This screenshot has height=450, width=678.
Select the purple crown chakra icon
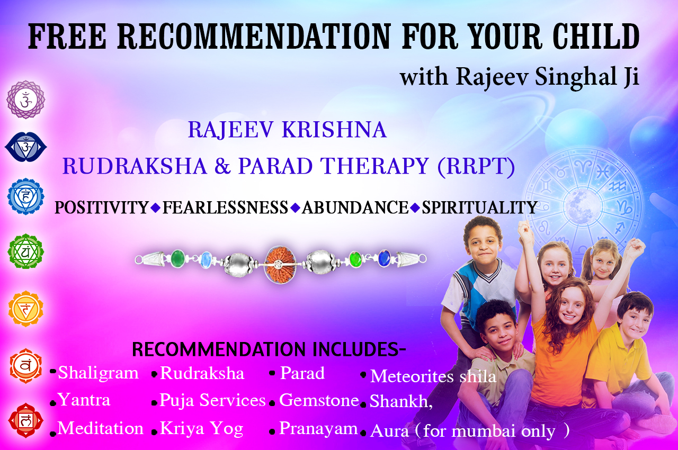point(26,100)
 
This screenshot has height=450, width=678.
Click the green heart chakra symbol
point(26,251)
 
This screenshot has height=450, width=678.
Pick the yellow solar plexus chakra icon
point(26,309)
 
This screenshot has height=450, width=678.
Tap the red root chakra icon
point(26,421)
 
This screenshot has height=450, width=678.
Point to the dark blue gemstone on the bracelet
point(385,258)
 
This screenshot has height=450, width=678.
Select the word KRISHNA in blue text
point(334,130)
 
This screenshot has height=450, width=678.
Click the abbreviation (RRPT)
point(476,166)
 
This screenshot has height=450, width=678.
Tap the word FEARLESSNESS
point(225,208)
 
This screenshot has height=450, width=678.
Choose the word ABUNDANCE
point(355,208)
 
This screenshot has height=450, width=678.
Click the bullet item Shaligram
point(98,373)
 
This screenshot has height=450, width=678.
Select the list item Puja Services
point(212,401)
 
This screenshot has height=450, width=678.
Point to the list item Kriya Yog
point(202,429)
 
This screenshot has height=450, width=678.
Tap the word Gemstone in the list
point(319,400)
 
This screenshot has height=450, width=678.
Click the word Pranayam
point(318,429)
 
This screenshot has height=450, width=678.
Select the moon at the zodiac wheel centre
point(582,205)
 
